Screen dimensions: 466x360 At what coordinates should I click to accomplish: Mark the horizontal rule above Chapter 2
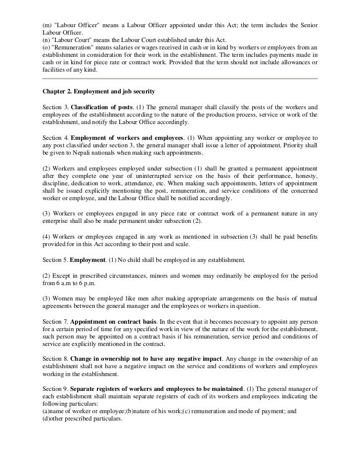tap(180, 80)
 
